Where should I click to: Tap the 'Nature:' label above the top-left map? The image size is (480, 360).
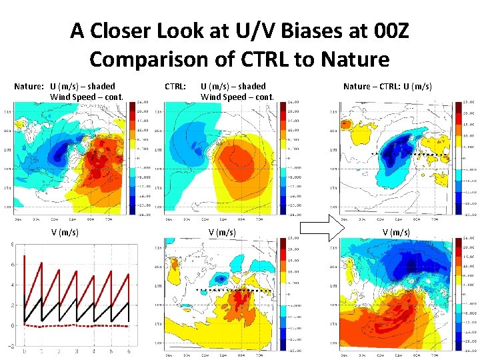[31, 86]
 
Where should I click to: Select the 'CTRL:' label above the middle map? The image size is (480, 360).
[175, 86]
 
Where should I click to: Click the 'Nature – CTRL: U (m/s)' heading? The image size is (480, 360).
[387, 86]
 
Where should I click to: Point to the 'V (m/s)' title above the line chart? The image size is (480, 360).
[65, 233]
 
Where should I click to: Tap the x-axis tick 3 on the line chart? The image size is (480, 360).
[76, 351]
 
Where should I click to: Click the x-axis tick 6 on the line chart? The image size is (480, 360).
[129, 351]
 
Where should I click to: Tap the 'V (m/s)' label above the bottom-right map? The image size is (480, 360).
[396, 233]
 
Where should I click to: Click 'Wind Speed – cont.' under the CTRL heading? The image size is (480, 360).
[237, 97]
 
